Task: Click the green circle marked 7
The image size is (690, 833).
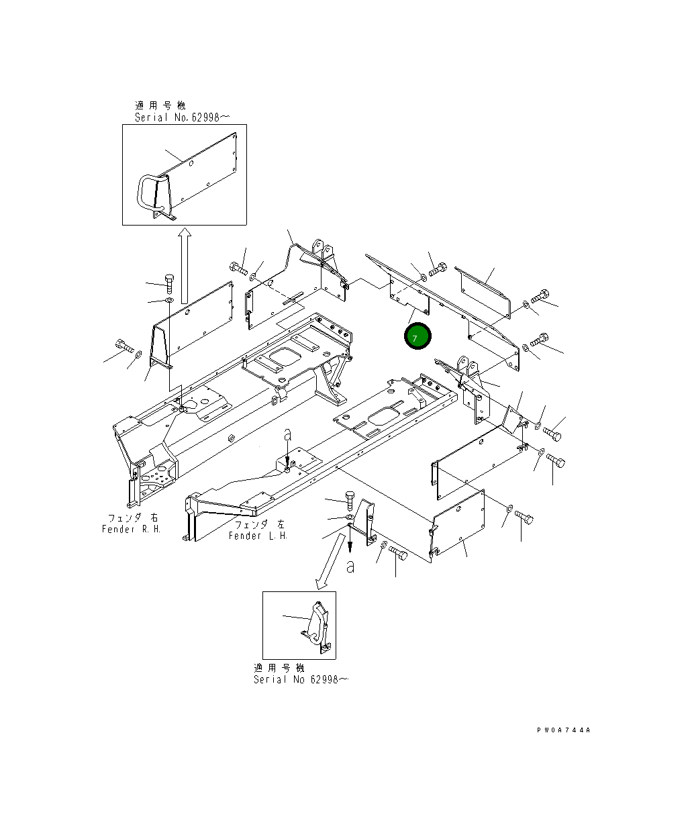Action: tap(417, 337)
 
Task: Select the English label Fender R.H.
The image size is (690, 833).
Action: tap(132, 529)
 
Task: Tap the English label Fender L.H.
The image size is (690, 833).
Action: tap(258, 536)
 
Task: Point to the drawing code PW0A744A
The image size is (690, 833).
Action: tap(563, 730)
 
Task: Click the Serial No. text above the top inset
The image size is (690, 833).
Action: tap(183, 117)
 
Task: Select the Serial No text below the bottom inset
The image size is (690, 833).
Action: tap(301, 679)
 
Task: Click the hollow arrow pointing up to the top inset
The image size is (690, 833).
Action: tap(185, 265)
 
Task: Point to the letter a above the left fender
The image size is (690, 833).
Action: tap(287, 436)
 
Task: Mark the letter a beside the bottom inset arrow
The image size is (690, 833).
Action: tap(350, 567)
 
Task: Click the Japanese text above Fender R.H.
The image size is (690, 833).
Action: tap(134, 518)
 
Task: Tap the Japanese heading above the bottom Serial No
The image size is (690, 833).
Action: tap(279, 668)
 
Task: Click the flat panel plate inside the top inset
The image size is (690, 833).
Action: tap(201, 172)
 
